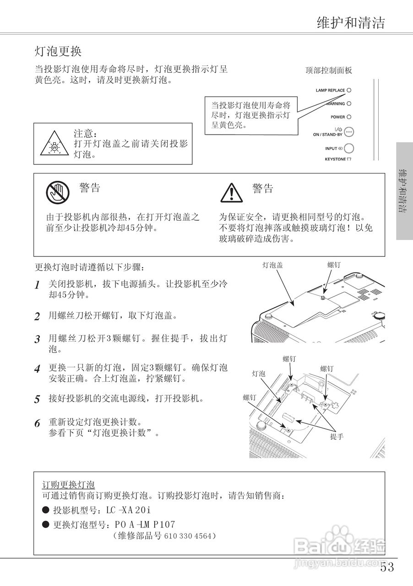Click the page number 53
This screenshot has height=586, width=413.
click(386, 568)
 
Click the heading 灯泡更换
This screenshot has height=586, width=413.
click(58, 50)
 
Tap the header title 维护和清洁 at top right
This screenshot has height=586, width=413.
click(351, 22)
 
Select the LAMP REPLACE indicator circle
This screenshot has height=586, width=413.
click(349, 90)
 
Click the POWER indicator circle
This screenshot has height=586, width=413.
click(349, 117)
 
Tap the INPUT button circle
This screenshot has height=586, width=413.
click(349, 148)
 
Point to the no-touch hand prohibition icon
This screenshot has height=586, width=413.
click(57, 192)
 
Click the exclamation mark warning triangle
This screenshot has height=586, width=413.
click(231, 193)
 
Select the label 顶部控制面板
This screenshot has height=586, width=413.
click(329, 70)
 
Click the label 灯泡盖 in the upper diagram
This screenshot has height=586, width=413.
click(272, 265)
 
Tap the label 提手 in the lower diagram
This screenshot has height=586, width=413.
click(337, 436)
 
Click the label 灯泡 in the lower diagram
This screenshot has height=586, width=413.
click(259, 374)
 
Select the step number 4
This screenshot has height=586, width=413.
click(38, 369)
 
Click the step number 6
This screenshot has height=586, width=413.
click(38, 423)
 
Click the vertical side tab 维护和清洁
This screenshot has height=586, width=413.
click(404, 191)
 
